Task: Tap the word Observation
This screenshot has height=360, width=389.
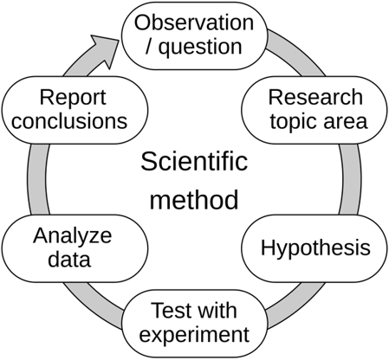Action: point(194,22)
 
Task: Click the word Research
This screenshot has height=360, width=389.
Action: point(315,97)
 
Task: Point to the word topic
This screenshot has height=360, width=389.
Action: point(294,121)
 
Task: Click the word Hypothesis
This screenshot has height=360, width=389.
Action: point(315,248)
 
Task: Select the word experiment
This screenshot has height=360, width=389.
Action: point(194,336)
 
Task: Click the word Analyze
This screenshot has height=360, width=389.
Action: point(72,236)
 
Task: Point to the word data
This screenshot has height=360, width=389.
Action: point(69,259)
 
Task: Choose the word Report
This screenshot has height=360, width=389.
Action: point(73,98)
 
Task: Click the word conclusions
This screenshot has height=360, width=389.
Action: point(69,121)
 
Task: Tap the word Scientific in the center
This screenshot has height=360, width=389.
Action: point(194,161)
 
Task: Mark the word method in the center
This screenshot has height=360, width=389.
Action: point(194,200)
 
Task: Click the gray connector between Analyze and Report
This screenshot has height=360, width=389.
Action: point(37,179)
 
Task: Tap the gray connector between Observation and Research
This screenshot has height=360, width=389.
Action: point(296,54)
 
